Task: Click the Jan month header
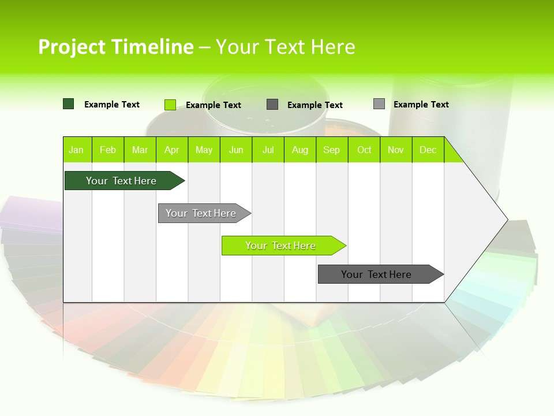click(77, 150)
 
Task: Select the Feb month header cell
click(108, 150)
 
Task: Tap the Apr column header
click(172, 150)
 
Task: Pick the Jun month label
click(236, 150)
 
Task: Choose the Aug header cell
click(300, 150)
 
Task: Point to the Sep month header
click(332, 150)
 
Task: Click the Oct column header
click(364, 150)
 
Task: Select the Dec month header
click(428, 150)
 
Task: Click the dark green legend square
click(69, 104)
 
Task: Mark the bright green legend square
click(170, 105)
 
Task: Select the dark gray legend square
click(272, 105)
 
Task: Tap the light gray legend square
click(379, 104)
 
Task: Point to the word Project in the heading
click(72, 47)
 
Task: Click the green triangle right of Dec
click(452, 153)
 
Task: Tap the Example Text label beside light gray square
click(421, 105)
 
